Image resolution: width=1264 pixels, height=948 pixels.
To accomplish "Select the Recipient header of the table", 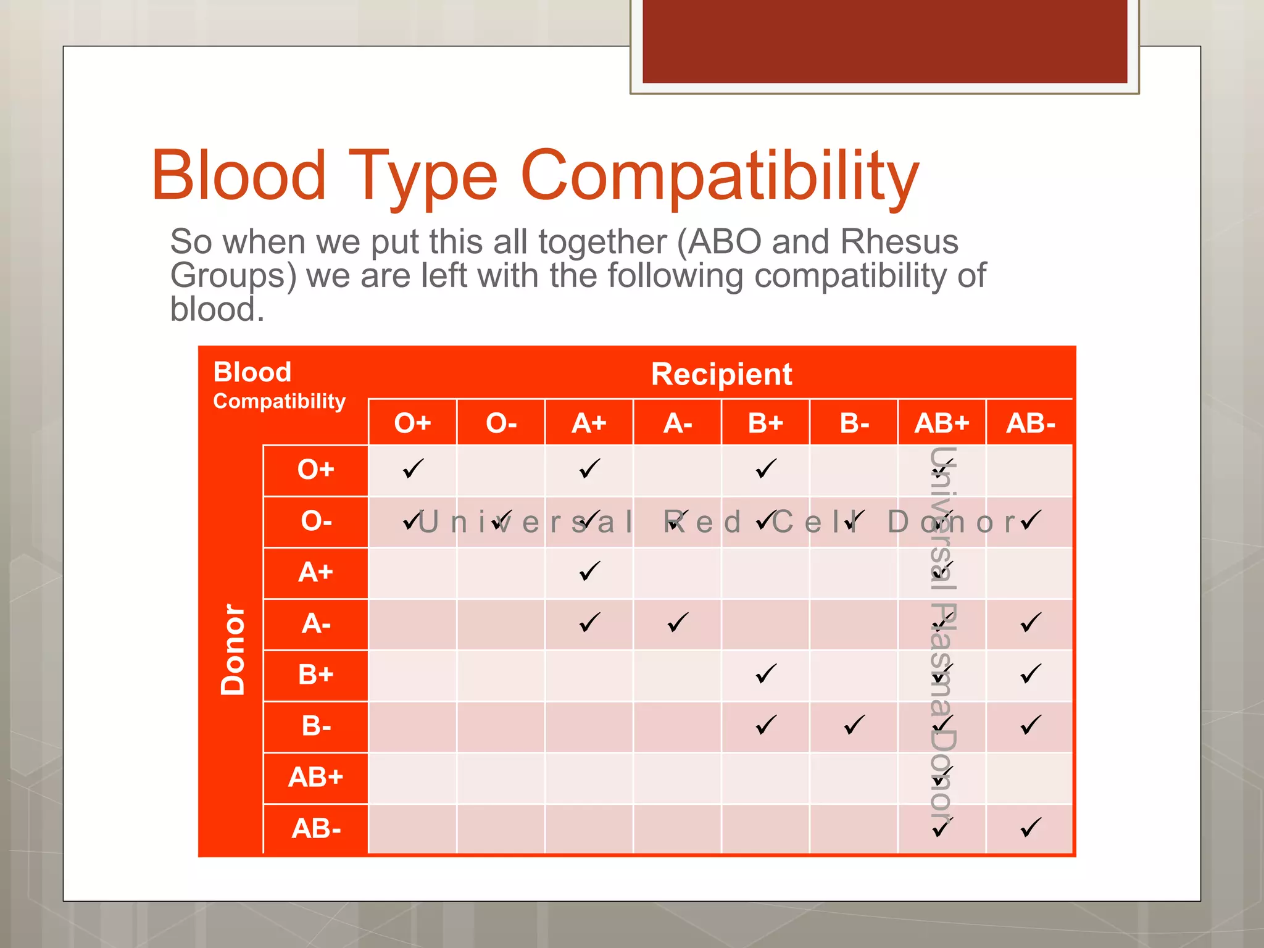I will (721, 375).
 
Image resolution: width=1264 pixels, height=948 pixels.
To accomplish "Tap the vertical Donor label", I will (233, 649).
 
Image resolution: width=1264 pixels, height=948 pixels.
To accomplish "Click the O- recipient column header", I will (501, 423).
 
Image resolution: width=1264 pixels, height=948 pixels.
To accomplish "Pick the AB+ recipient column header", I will (942, 423).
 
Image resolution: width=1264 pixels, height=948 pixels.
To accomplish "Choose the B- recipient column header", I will (854, 423).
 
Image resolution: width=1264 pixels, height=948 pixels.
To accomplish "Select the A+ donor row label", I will (315, 573).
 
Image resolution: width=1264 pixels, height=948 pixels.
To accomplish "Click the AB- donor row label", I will (316, 829).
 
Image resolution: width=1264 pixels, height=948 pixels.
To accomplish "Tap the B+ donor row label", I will (315, 675).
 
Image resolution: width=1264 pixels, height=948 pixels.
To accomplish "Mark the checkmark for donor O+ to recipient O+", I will (413, 469).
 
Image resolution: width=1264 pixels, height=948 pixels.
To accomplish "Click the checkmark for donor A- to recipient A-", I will (678, 622).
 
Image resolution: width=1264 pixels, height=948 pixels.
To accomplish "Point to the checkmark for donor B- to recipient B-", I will (854, 725).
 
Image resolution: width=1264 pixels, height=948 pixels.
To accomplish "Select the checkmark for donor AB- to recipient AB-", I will (1031, 828).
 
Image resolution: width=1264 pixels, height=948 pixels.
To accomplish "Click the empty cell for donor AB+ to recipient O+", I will (412, 778).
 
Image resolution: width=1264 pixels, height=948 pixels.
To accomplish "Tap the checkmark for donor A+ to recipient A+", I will (589, 572).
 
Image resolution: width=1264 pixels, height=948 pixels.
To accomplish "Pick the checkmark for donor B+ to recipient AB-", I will (1031, 674).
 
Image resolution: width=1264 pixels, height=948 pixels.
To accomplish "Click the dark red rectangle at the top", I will (884, 41).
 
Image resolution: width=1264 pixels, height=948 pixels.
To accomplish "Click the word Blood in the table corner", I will (252, 373).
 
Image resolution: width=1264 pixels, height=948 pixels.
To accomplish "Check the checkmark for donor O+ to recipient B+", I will (766, 469).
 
